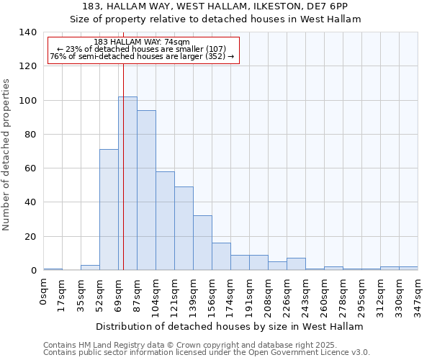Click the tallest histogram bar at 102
127,184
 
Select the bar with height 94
146,190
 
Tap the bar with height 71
109,210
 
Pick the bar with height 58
165,221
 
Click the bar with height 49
184,228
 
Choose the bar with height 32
202,243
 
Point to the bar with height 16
221,256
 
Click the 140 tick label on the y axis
28,32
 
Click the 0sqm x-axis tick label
44,292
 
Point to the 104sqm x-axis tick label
156,295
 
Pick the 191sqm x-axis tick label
250,295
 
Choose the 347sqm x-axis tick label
418,295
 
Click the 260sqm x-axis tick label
325,295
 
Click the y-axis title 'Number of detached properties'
7,154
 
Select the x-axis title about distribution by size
230,326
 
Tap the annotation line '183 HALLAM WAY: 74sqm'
142,42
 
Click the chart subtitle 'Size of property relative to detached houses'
215,19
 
